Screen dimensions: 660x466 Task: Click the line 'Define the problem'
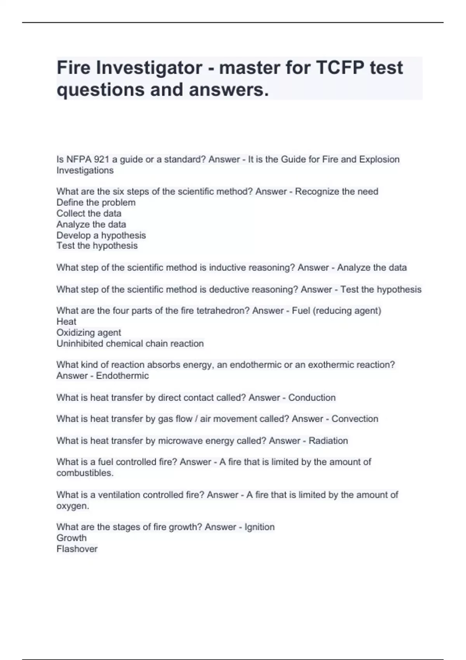coord(96,202)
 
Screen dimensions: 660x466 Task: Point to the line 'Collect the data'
coord(89,213)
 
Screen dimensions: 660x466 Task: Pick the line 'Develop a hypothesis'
coord(101,235)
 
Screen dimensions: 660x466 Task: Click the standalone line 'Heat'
coord(66,321)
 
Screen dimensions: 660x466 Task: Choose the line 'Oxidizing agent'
coord(89,332)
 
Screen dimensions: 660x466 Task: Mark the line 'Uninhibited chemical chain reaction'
coord(130,344)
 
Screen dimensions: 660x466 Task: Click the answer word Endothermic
coord(122,376)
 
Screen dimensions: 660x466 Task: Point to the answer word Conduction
coord(312,398)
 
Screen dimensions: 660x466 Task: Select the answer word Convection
coord(355,419)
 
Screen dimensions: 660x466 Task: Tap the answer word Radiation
coord(328,441)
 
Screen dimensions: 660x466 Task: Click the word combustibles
coord(85,473)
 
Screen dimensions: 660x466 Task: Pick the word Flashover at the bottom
coord(77,549)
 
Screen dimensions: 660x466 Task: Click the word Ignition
coord(259,527)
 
